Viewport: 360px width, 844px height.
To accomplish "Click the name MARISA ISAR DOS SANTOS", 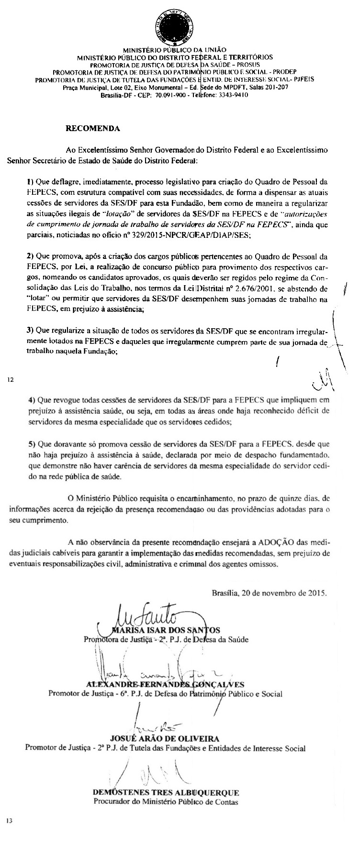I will tap(165, 630).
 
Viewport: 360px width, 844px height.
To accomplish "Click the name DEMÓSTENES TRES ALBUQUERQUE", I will tap(165, 792).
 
